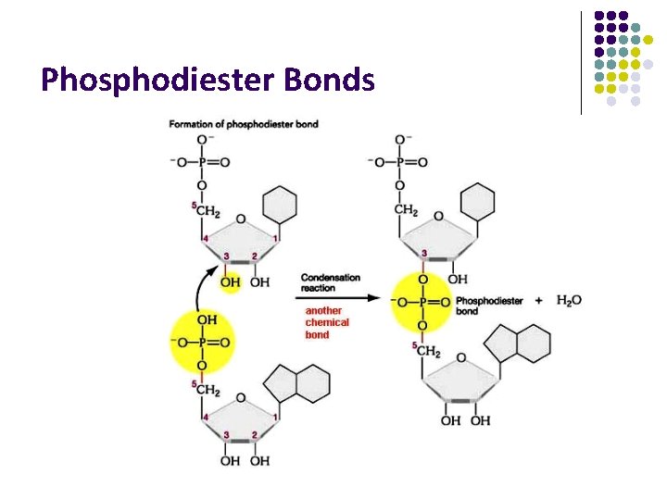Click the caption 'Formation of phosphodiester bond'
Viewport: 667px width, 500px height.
click(243, 124)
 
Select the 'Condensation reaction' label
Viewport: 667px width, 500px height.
click(331, 282)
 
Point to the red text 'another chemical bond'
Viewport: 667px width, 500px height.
click(327, 322)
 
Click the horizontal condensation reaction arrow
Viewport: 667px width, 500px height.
click(331, 298)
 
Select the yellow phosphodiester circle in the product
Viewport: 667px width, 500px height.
click(421, 301)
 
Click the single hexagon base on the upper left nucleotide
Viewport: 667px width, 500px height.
click(280, 204)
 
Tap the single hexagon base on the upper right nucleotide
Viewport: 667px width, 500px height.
click(477, 202)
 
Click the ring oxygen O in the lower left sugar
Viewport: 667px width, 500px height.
click(240, 398)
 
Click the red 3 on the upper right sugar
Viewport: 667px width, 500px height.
click(424, 253)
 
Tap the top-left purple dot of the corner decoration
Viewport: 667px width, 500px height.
click(599, 16)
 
